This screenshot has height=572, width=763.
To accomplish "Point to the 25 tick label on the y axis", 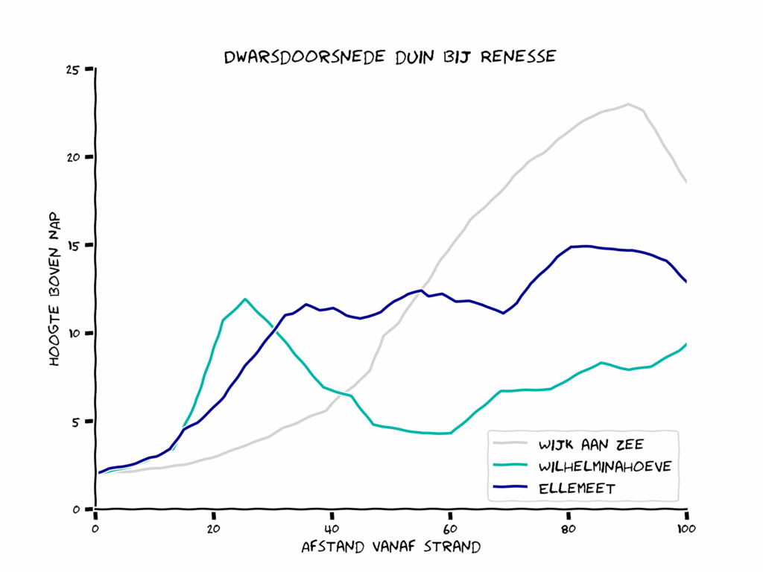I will coord(73,69).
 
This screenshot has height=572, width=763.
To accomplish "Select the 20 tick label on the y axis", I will coord(73,157).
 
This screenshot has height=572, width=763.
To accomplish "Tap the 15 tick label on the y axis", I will coord(73,245).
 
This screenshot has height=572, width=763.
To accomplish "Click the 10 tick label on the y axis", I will coord(73,333).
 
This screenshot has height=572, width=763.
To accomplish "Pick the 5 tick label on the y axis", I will coord(76,421).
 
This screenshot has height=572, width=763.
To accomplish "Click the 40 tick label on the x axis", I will coord(332,529).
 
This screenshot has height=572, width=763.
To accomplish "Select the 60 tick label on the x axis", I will coord(450,529).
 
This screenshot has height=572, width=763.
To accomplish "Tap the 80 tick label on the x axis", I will coord(569,529).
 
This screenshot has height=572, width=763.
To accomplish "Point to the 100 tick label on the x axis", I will coord(686,529).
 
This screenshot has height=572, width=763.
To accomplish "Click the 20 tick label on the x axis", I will coord(214,529).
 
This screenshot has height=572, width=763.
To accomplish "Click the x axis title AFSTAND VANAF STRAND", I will coord(390,547).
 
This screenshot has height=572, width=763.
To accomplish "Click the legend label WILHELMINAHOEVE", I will coord(605,466).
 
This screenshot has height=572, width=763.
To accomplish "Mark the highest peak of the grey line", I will coord(628,104).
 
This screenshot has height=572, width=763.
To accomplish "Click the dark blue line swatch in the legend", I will coord(511,488).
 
